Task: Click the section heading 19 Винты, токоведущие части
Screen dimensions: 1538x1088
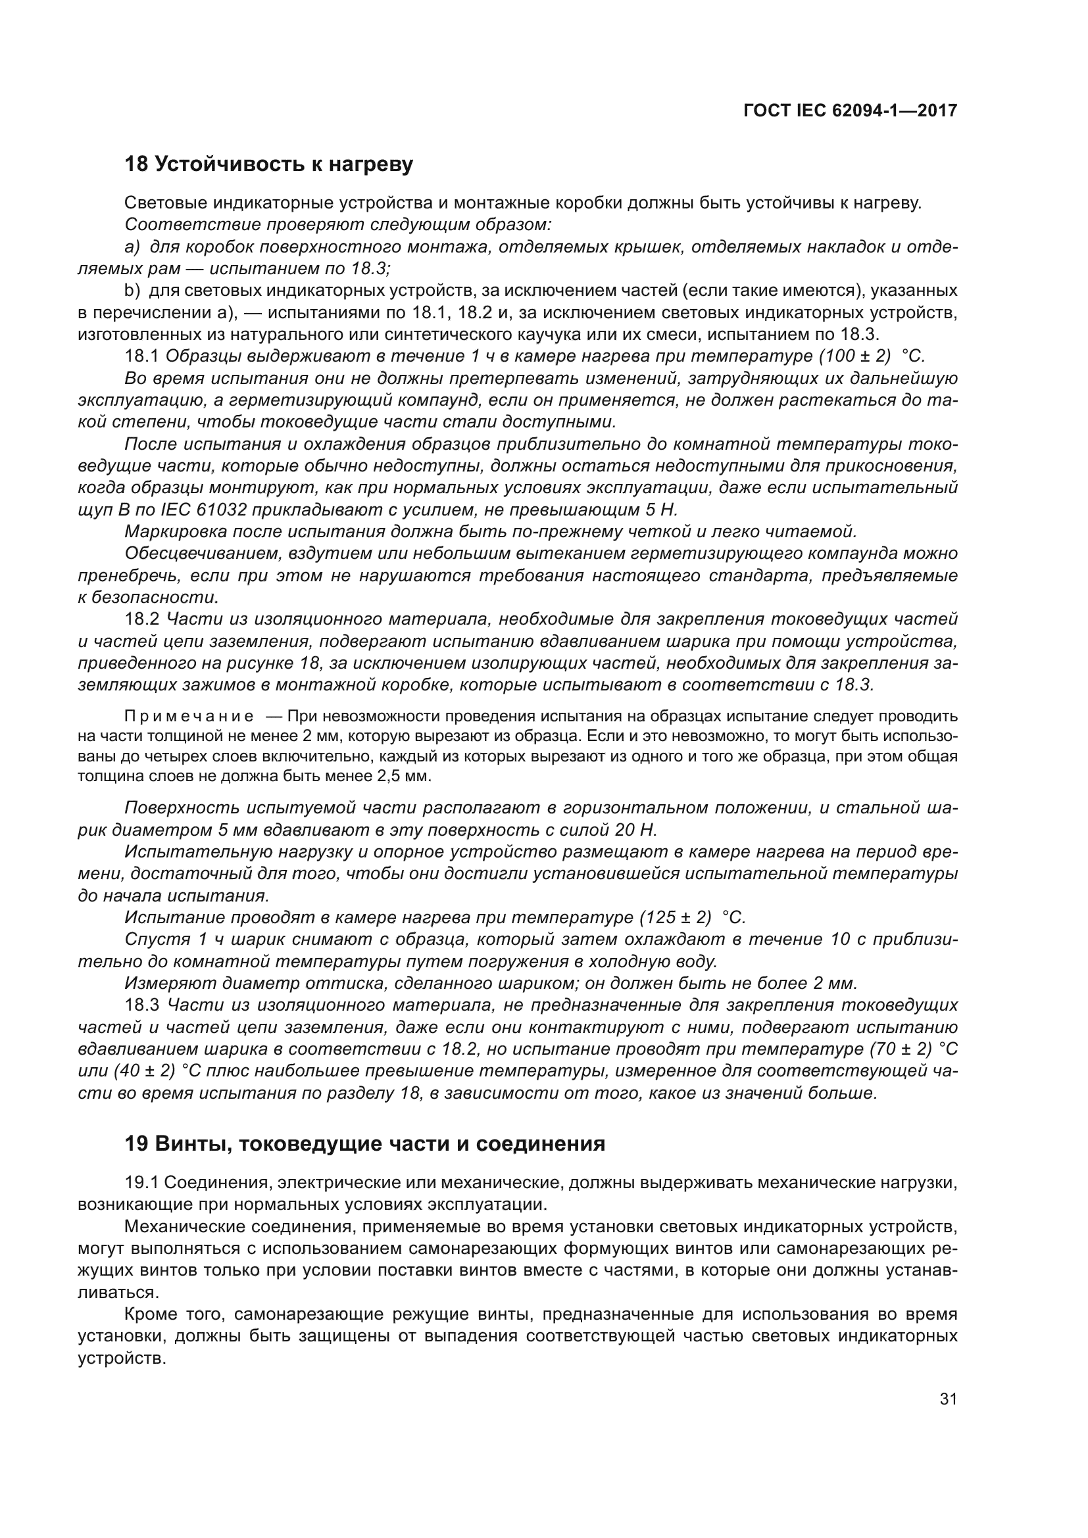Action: pos(364,1143)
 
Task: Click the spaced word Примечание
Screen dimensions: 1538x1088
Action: pos(189,717)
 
